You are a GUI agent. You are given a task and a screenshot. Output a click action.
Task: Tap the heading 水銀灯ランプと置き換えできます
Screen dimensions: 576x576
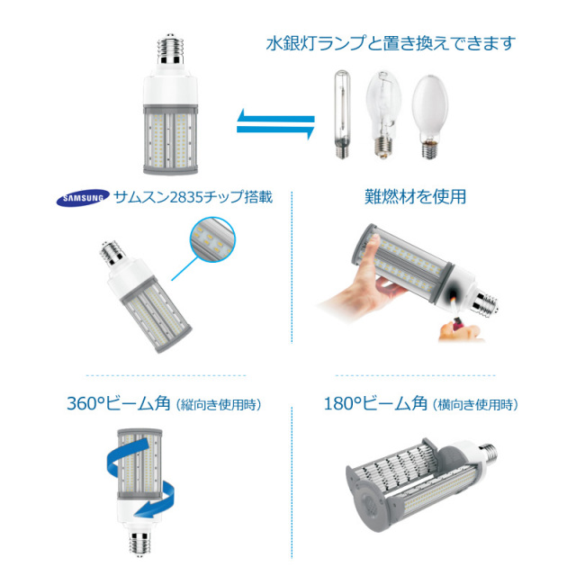(390, 43)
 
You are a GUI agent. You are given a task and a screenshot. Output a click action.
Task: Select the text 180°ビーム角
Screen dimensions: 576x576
(375, 404)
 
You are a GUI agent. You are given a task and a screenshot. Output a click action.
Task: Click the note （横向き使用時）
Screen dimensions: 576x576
(476, 405)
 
